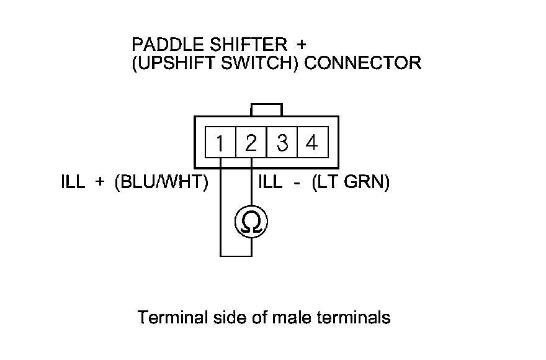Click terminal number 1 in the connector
tap(220, 144)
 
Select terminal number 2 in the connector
tap(251, 143)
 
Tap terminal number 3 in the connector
tap(282, 143)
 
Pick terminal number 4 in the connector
tap(312, 143)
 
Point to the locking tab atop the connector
tap(266, 109)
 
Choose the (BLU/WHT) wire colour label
tap(162, 183)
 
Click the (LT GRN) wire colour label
tap(351, 183)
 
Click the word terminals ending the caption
tap(354, 318)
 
